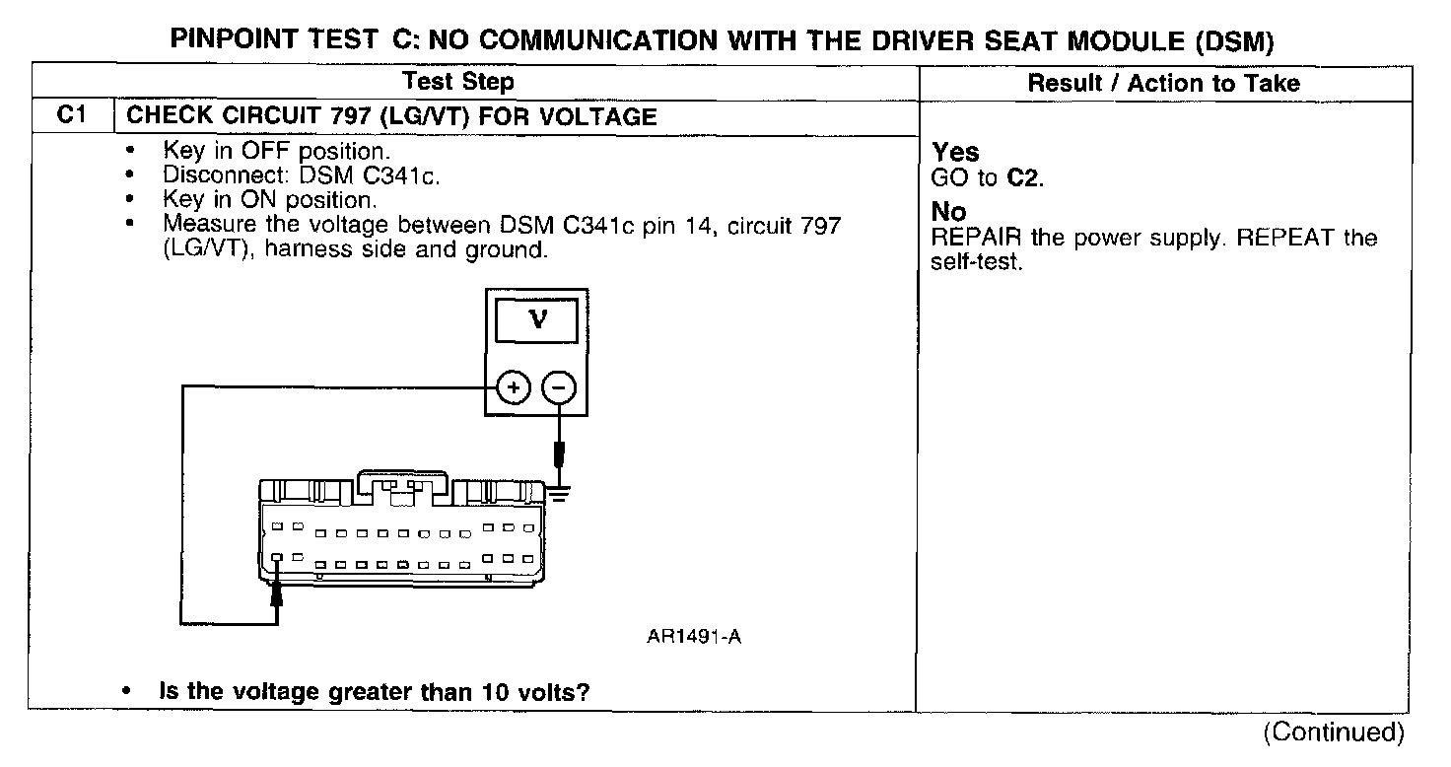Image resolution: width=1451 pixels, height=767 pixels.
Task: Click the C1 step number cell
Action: (x=66, y=115)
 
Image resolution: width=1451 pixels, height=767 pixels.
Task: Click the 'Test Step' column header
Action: (x=458, y=82)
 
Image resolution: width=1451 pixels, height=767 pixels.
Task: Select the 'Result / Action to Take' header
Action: (x=1163, y=83)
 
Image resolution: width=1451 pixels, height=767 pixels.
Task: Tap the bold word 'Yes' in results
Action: (x=955, y=152)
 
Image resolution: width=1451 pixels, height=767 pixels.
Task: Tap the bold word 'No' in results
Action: (x=948, y=212)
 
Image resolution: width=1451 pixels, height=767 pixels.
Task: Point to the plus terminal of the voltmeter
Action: (x=512, y=388)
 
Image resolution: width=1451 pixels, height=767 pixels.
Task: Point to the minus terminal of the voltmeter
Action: (x=559, y=388)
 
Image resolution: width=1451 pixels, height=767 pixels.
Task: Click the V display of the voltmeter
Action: (x=537, y=321)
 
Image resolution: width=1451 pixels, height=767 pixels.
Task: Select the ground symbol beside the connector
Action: (x=559, y=492)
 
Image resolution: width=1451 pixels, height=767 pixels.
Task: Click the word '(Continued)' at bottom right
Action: (x=1333, y=732)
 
